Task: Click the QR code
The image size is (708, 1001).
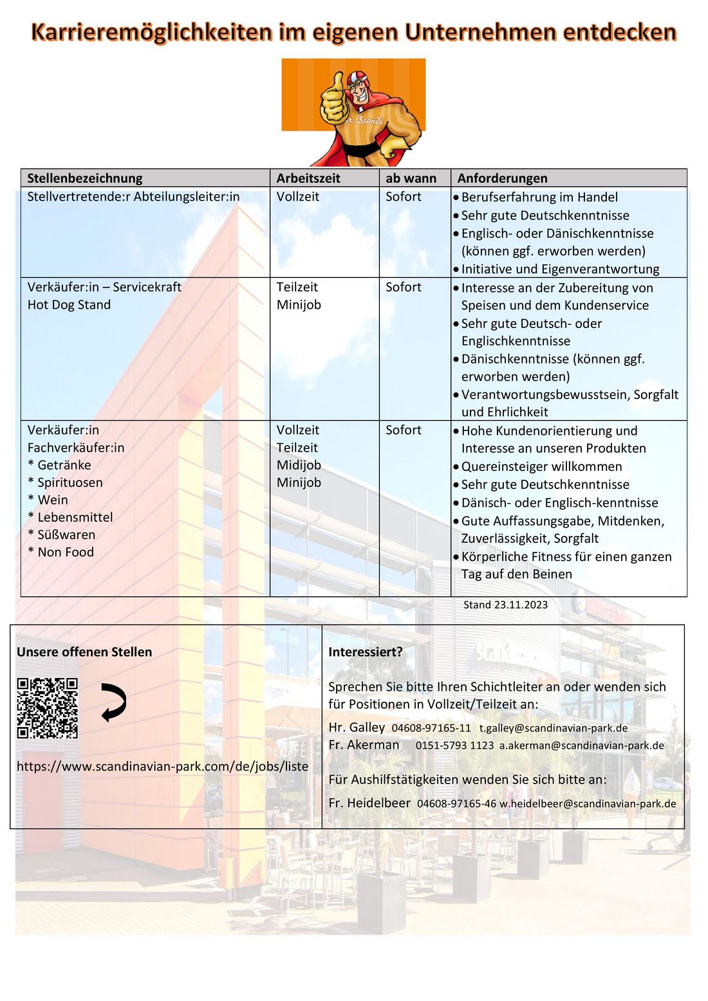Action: coord(47,708)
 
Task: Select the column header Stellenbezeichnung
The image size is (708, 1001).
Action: coord(84,178)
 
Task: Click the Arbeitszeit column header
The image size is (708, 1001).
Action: coord(308,178)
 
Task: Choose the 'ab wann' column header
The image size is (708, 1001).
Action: coord(411,178)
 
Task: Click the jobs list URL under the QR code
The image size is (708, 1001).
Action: coord(162,766)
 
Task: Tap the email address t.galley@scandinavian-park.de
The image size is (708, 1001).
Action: coord(553,728)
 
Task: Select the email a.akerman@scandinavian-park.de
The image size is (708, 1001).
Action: coord(581,746)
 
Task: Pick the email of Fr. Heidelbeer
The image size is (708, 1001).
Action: coord(588,804)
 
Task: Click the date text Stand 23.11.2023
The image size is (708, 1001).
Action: coord(505,605)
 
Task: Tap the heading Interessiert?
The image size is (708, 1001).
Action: coord(365,652)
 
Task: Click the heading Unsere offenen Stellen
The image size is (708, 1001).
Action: coord(84,652)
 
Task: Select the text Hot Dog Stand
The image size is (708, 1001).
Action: coord(69,305)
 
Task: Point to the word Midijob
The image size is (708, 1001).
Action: coord(299,465)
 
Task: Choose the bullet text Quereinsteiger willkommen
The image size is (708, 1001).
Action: coord(541,466)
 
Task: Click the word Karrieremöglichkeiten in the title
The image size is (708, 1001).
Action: coord(151,32)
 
